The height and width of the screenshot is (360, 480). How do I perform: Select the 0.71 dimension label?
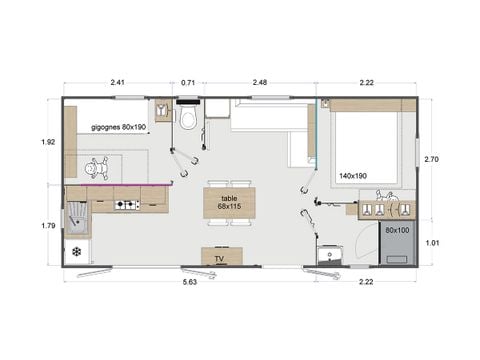click(188, 83)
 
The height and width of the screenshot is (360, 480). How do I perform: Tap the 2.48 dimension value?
click(259, 83)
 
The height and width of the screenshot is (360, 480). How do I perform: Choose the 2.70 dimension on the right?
click(431, 158)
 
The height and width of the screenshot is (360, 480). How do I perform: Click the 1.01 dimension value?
click(431, 242)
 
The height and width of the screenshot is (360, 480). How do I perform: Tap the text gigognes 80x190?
click(119, 128)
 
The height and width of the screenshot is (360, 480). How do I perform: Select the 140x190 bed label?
click(354, 174)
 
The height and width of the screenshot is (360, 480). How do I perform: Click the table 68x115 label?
click(228, 203)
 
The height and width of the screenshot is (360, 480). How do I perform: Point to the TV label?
click(221, 258)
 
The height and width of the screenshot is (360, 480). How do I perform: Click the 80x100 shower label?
click(396, 230)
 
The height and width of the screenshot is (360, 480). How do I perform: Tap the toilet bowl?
click(188, 120)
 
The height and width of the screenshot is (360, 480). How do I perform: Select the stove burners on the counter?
click(126, 205)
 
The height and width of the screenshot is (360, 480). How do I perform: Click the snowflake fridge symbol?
click(76, 251)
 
